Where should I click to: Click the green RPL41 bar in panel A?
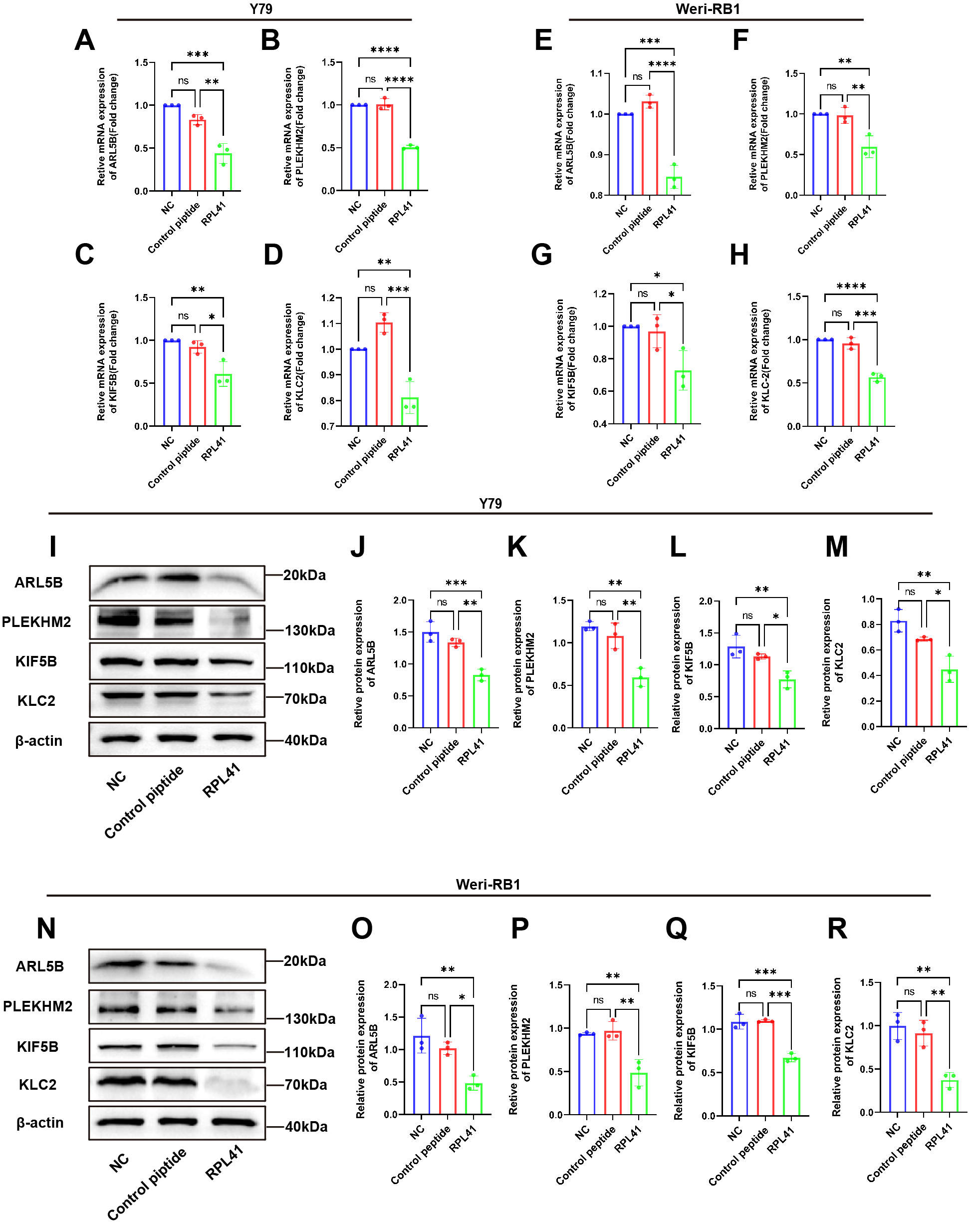click(x=223, y=172)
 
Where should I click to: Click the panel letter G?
click(x=541, y=255)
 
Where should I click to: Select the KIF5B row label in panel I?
click(x=36, y=661)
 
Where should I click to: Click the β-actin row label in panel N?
click(x=40, y=1123)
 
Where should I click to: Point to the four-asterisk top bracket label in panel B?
click(x=385, y=50)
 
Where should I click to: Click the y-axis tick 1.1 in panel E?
click(x=596, y=73)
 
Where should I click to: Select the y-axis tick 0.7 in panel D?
click(x=328, y=426)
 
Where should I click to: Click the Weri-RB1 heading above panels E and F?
click(x=708, y=9)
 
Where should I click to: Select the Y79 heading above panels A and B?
click(x=261, y=9)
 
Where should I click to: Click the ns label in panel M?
click(x=910, y=592)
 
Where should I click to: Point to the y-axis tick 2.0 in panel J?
click(x=399, y=600)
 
